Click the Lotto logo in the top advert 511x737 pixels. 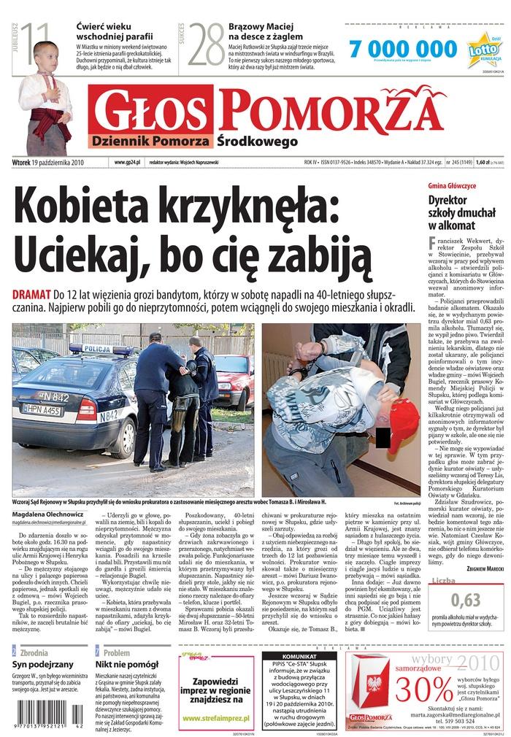[x=484, y=52]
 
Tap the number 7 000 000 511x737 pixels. [x=393, y=49]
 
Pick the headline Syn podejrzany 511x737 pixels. [x=43, y=665]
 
